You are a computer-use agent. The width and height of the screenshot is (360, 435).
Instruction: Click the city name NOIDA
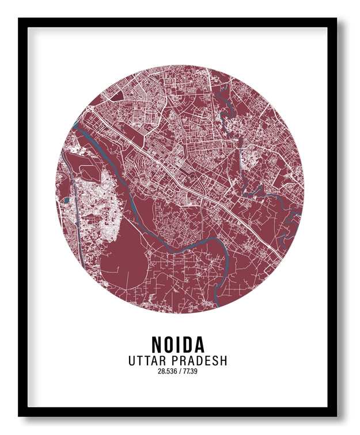[178, 345]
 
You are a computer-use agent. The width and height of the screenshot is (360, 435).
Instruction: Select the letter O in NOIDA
[171, 345]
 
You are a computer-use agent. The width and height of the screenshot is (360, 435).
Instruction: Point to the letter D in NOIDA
[187, 345]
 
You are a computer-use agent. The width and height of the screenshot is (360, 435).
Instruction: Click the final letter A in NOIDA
[198, 345]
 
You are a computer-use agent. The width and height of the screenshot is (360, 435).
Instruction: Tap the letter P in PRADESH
[175, 361]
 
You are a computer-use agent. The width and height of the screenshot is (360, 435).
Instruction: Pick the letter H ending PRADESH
[223, 361]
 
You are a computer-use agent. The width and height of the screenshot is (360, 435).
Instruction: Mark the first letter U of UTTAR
[132, 361]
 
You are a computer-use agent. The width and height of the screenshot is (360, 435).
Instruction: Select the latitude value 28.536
[167, 371]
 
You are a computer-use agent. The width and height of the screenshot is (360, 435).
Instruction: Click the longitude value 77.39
[191, 371]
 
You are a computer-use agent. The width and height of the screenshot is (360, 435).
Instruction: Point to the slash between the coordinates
[179, 371]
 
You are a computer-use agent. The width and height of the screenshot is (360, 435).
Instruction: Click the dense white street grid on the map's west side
[92, 207]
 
